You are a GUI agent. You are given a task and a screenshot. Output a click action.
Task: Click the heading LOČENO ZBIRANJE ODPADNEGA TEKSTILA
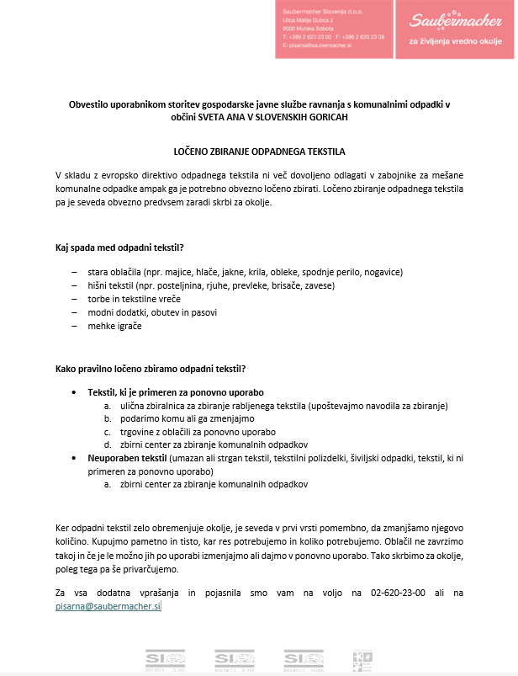click(258, 151)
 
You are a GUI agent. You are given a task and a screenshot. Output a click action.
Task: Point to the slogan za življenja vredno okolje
click(457, 40)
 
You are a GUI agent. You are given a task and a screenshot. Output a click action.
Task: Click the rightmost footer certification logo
click(362, 659)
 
